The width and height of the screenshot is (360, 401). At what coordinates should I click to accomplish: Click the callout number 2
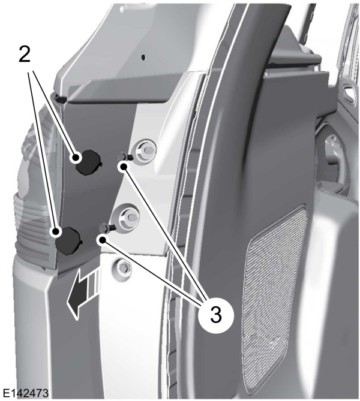click(25, 55)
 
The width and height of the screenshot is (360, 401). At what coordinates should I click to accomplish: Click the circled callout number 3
click(216, 315)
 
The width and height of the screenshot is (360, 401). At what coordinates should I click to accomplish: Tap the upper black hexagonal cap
click(88, 162)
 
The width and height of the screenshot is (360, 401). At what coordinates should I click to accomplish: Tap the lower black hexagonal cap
click(69, 240)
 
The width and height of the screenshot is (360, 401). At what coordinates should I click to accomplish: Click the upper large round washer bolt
click(145, 152)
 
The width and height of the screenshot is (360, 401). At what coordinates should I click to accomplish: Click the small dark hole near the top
click(143, 56)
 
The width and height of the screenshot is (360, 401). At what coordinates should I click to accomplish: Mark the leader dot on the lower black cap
click(56, 232)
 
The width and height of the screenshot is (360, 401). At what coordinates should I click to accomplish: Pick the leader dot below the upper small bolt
click(124, 167)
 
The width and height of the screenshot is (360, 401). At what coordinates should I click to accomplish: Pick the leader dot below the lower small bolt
click(103, 240)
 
